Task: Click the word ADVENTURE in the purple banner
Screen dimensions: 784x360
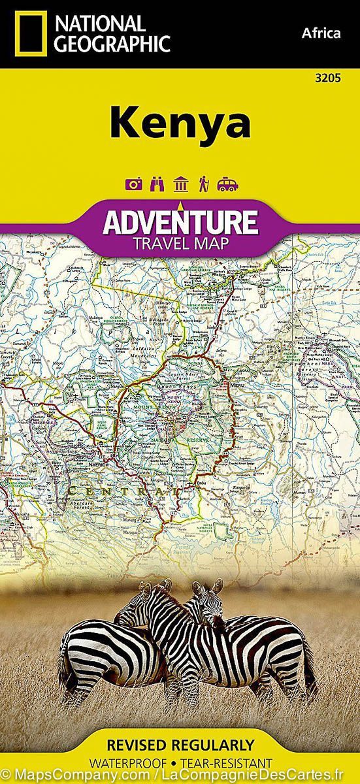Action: pyautogui.click(x=180, y=221)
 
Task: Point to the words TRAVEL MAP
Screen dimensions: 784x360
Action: pyautogui.click(x=180, y=244)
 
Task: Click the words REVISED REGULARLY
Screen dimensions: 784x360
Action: pyautogui.click(x=180, y=745)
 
